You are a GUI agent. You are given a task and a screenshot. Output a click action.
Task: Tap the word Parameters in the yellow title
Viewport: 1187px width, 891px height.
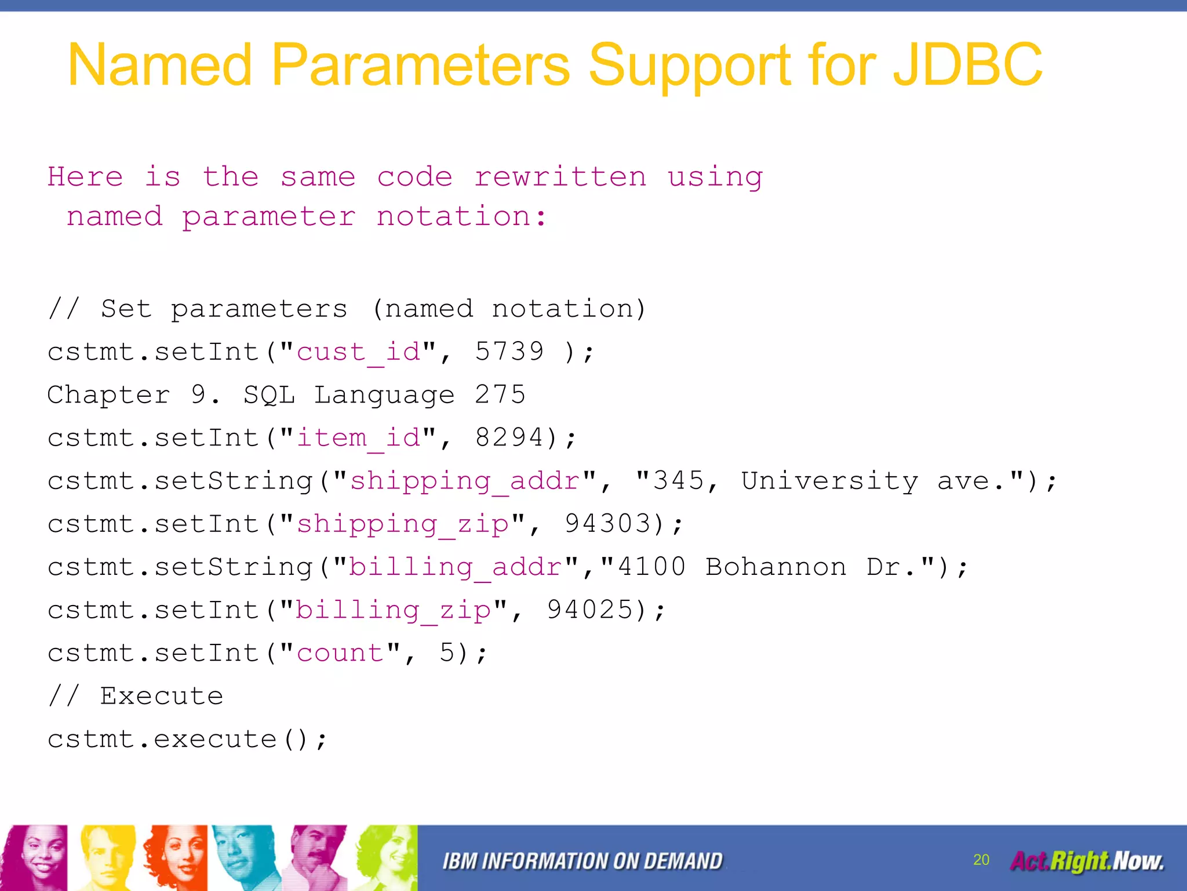(420, 65)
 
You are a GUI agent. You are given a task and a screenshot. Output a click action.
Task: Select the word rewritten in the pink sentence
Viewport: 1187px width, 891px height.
(560, 177)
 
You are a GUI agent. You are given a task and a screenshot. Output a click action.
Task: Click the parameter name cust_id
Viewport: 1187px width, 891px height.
(359, 352)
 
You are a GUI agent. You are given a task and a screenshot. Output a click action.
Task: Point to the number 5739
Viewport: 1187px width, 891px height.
(509, 352)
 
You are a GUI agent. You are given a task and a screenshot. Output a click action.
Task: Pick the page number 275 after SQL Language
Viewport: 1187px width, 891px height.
(500, 394)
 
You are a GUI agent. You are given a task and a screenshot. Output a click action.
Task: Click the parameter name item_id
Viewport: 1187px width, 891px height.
(359, 438)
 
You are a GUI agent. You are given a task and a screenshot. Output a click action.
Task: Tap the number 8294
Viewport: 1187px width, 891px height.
(509, 437)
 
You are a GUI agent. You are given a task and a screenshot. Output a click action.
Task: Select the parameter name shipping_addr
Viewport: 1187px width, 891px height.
(465, 481)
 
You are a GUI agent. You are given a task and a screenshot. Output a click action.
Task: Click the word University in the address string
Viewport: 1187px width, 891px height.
(829, 481)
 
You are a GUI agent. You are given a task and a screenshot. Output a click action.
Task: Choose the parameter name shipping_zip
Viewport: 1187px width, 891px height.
(403, 524)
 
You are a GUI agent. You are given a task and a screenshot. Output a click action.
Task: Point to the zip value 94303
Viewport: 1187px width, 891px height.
(608, 523)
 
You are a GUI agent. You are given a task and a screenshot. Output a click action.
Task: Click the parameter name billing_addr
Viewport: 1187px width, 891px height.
(456, 567)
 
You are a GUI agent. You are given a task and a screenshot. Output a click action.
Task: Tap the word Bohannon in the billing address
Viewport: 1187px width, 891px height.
(775, 567)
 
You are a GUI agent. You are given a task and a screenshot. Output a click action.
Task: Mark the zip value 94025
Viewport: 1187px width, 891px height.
(590, 610)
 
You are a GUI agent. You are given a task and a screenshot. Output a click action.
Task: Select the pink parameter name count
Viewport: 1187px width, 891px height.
(340, 653)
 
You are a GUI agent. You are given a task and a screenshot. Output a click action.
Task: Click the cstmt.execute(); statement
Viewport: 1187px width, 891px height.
(187, 739)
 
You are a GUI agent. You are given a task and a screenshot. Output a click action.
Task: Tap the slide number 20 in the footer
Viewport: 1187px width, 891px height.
(981, 860)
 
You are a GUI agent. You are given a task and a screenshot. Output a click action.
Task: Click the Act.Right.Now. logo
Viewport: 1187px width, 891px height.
(1087, 861)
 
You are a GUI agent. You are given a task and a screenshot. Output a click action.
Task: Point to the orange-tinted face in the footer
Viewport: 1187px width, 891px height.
(176, 857)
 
